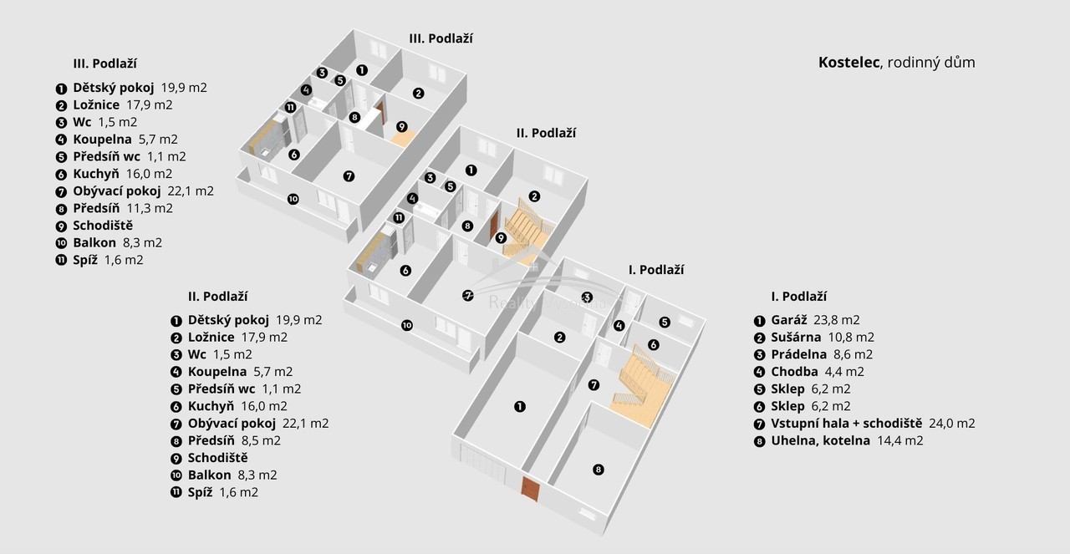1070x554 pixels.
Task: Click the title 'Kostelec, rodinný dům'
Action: point(896,63)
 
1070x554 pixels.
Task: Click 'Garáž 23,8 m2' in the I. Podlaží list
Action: point(815,320)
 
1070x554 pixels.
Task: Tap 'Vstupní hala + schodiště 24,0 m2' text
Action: point(873,423)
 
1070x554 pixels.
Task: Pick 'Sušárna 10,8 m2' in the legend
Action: point(823,337)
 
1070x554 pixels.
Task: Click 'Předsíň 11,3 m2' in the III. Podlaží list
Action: point(122,208)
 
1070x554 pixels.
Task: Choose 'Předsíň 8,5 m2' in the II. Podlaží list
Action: point(234,440)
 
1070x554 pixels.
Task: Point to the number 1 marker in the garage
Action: point(520,407)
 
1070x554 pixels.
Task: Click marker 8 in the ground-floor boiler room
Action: point(598,470)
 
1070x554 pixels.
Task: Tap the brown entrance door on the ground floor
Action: point(529,487)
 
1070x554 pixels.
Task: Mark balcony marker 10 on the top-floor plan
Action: point(293,199)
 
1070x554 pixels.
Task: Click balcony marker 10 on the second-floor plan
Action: point(406,325)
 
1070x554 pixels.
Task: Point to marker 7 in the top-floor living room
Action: point(349,176)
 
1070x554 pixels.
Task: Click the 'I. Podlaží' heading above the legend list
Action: point(798,297)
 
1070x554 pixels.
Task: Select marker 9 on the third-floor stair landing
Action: point(401,127)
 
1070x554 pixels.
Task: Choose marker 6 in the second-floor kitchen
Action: point(405,271)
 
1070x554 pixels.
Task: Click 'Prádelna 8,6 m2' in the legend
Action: point(823,354)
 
